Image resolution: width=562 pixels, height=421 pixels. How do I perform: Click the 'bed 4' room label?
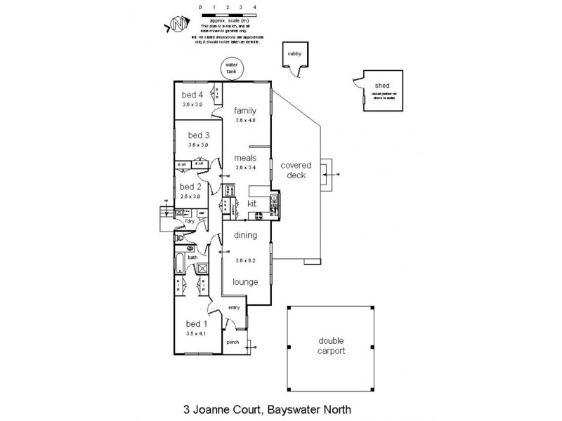pos(192,95)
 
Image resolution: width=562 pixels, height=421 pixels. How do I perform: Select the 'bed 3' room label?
pos(199,135)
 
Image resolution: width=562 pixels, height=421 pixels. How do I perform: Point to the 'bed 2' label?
pos(190,187)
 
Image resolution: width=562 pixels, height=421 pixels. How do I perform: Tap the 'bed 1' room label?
pos(197,324)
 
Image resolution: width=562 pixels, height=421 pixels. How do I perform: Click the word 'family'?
pos(245,111)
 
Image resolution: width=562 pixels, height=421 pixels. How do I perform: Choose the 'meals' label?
pos(245,158)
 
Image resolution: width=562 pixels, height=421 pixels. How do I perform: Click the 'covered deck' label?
pos(296,171)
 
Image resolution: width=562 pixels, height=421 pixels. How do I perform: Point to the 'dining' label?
pos(245,236)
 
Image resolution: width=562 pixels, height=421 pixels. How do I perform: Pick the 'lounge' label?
pos(245,282)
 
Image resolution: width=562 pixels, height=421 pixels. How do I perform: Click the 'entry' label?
pos(235,308)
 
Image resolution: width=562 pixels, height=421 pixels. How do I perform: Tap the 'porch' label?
pos(233,342)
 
